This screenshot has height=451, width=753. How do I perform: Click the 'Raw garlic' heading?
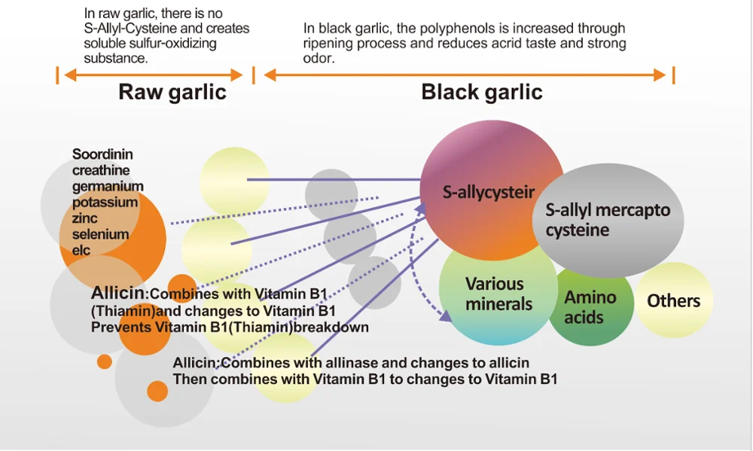click(x=172, y=93)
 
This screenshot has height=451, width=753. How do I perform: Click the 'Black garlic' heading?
click(x=482, y=93)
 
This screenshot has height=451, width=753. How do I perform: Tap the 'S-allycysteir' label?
click(x=489, y=193)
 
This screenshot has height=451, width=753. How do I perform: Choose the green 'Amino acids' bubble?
click(x=590, y=307)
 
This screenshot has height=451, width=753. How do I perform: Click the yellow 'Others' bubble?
click(x=673, y=301)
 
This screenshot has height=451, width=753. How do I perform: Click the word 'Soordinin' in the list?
click(x=102, y=154)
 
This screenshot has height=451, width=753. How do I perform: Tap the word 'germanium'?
click(x=108, y=186)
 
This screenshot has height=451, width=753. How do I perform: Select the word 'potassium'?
click(x=105, y=202)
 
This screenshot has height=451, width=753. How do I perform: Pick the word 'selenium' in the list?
click(x=100, y=234)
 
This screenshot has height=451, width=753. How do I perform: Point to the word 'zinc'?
click(x=85, y=218)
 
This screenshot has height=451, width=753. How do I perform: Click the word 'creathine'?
click(x=101, y=170)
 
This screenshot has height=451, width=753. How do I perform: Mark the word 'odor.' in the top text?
click(x=319, y=58)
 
